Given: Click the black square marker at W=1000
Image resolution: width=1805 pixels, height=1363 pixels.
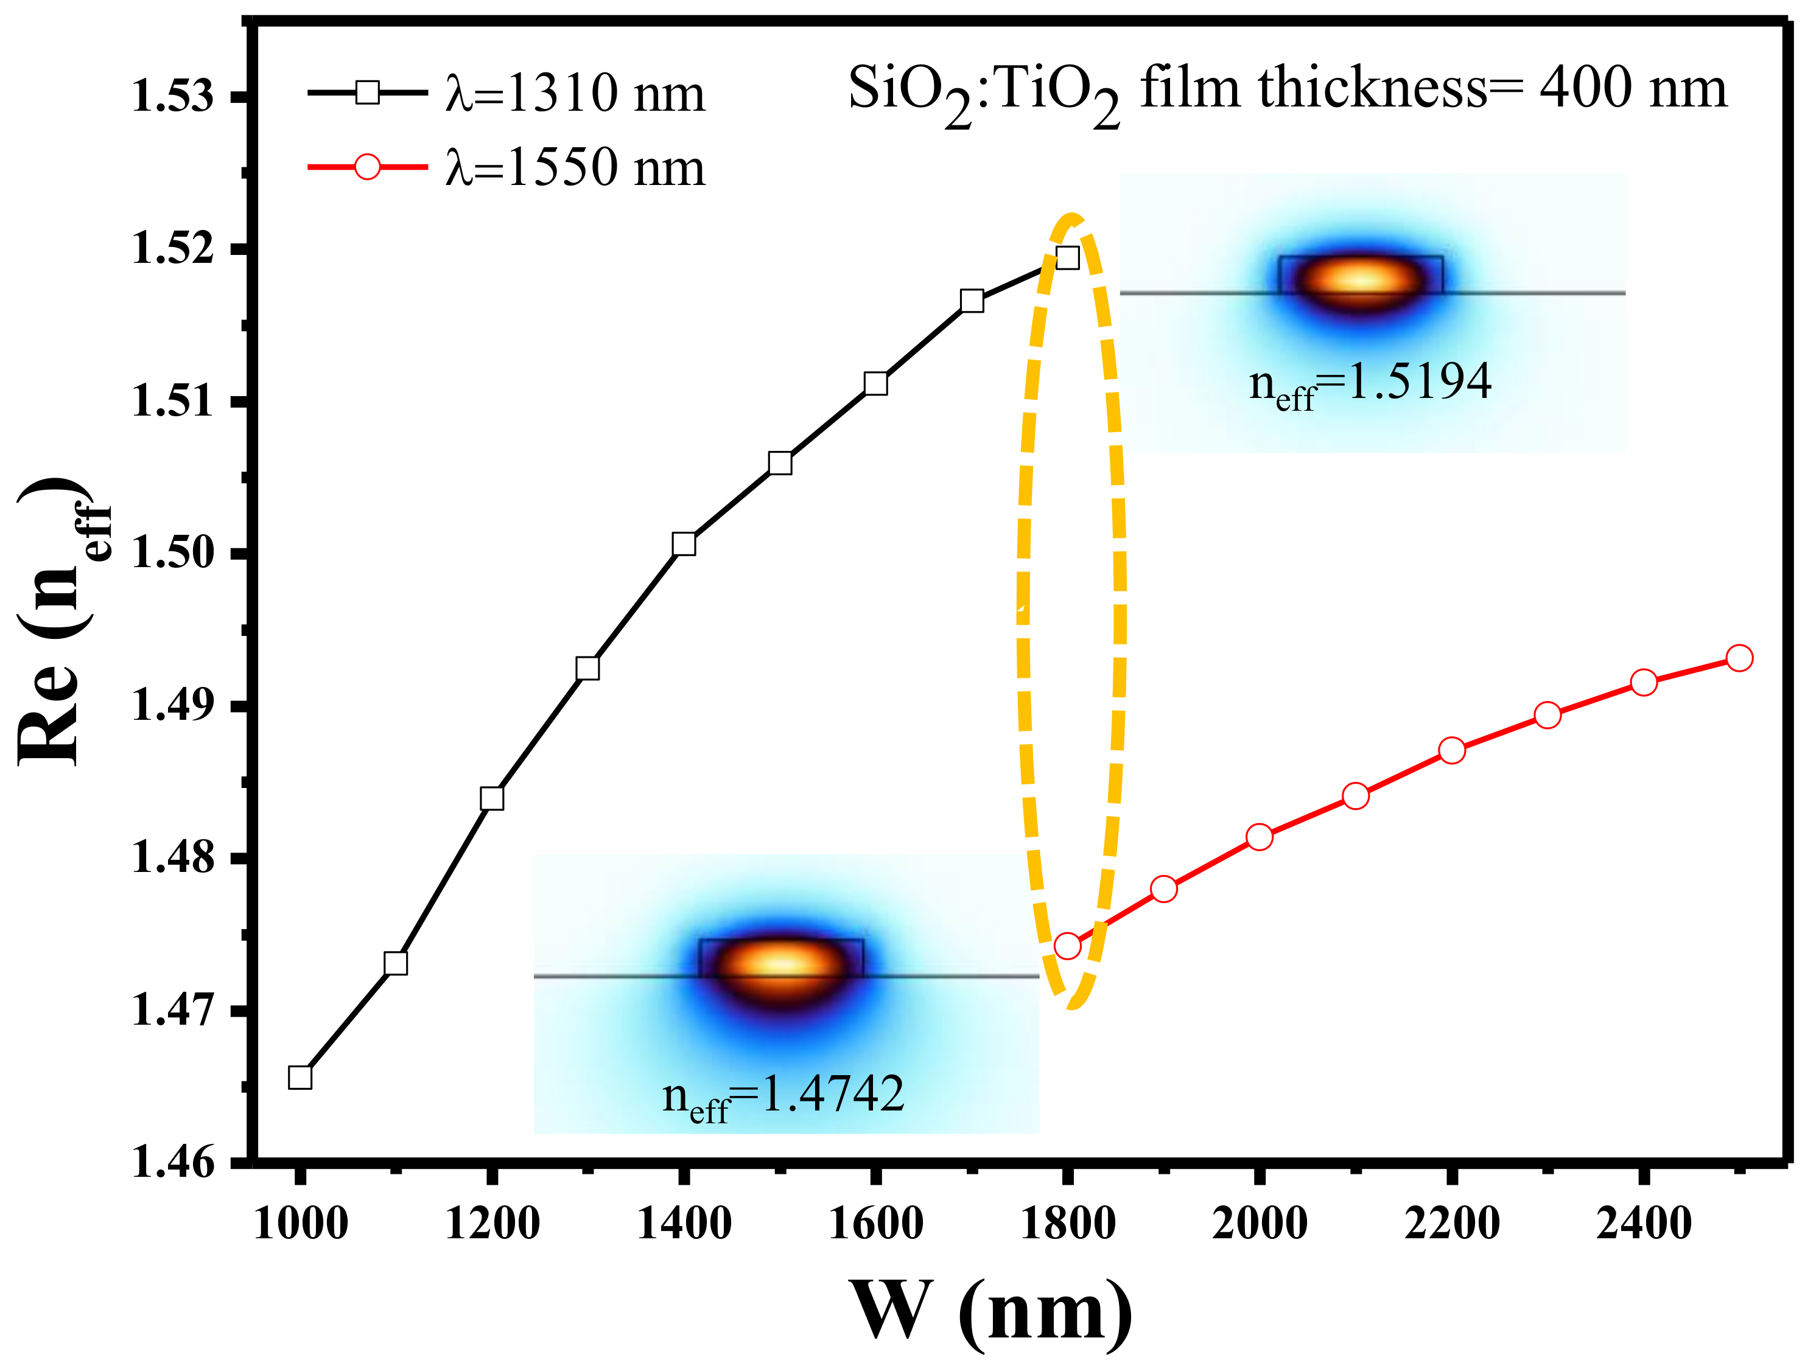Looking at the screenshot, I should (300, 1078).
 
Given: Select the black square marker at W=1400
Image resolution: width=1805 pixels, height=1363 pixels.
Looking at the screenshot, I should (684, 544).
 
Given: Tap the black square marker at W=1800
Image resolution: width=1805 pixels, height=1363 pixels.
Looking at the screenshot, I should (1067, 258).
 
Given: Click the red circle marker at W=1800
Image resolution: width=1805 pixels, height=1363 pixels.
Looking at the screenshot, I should (1067, 946).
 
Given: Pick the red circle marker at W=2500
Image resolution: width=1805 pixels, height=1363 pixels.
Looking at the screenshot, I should (1739, 658).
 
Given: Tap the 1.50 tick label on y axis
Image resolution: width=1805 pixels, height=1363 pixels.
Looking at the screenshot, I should (173, 553).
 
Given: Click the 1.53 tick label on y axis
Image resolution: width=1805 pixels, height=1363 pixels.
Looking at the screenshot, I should (173, 96).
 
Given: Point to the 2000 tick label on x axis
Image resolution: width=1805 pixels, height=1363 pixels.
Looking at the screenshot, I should (1259, 1224).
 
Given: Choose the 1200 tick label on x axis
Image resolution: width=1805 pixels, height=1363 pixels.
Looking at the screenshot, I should (492, 1224).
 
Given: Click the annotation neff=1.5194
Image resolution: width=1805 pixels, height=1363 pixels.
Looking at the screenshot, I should (1370, 382).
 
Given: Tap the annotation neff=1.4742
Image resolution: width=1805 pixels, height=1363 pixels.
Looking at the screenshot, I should (783, 1095).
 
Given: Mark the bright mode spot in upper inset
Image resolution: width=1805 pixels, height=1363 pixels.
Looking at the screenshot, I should (1359, 280).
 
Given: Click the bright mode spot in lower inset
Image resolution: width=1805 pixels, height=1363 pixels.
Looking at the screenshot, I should (781, 966).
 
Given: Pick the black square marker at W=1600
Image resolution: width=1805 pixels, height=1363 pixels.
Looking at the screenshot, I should (875, 383).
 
